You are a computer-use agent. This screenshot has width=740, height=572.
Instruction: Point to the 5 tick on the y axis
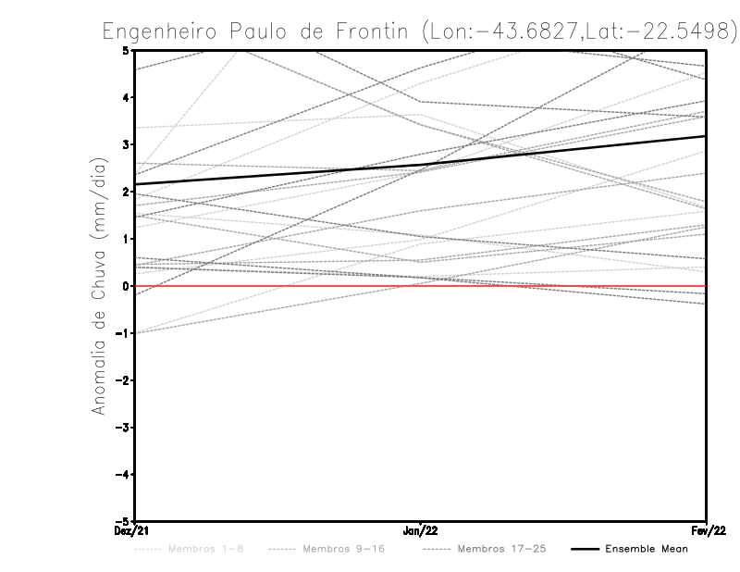tap(125, 50)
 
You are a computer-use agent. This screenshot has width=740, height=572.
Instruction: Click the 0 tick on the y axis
tap(125, 286)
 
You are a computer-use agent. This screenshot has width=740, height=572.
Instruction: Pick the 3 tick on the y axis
tap(125, 144)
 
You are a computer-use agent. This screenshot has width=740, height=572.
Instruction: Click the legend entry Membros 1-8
tap(206, 549)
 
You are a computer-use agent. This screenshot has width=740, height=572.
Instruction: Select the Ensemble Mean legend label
tap(647, 549)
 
